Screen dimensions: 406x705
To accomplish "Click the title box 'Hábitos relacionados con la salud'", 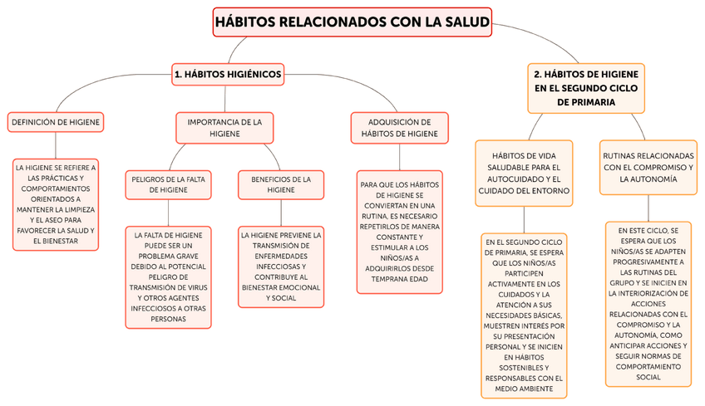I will tap(352, 22).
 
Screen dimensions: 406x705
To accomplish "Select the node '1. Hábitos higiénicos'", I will tap(228, 74).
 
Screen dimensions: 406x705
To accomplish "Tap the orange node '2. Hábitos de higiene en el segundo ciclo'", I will tap(586, 87).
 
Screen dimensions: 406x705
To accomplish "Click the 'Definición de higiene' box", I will tap(56, 123).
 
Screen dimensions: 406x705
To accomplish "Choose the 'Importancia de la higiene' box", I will tap(224, 127).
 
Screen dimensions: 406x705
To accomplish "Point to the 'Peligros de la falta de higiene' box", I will tap(168, 184).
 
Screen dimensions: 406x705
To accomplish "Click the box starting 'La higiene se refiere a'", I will tap(56, 204).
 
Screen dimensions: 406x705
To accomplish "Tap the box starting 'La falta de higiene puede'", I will tap(169, 276).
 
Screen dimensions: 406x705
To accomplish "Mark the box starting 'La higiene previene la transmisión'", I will tap(281, 267).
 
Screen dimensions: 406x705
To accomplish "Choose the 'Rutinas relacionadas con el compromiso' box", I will tap(648, 167).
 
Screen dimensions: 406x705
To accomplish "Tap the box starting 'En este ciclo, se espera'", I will tap(648, 302).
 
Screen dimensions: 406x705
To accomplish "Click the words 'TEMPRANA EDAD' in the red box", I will tap(399, 279).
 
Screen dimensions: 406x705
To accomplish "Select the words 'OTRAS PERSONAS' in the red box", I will tap(169, 318).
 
